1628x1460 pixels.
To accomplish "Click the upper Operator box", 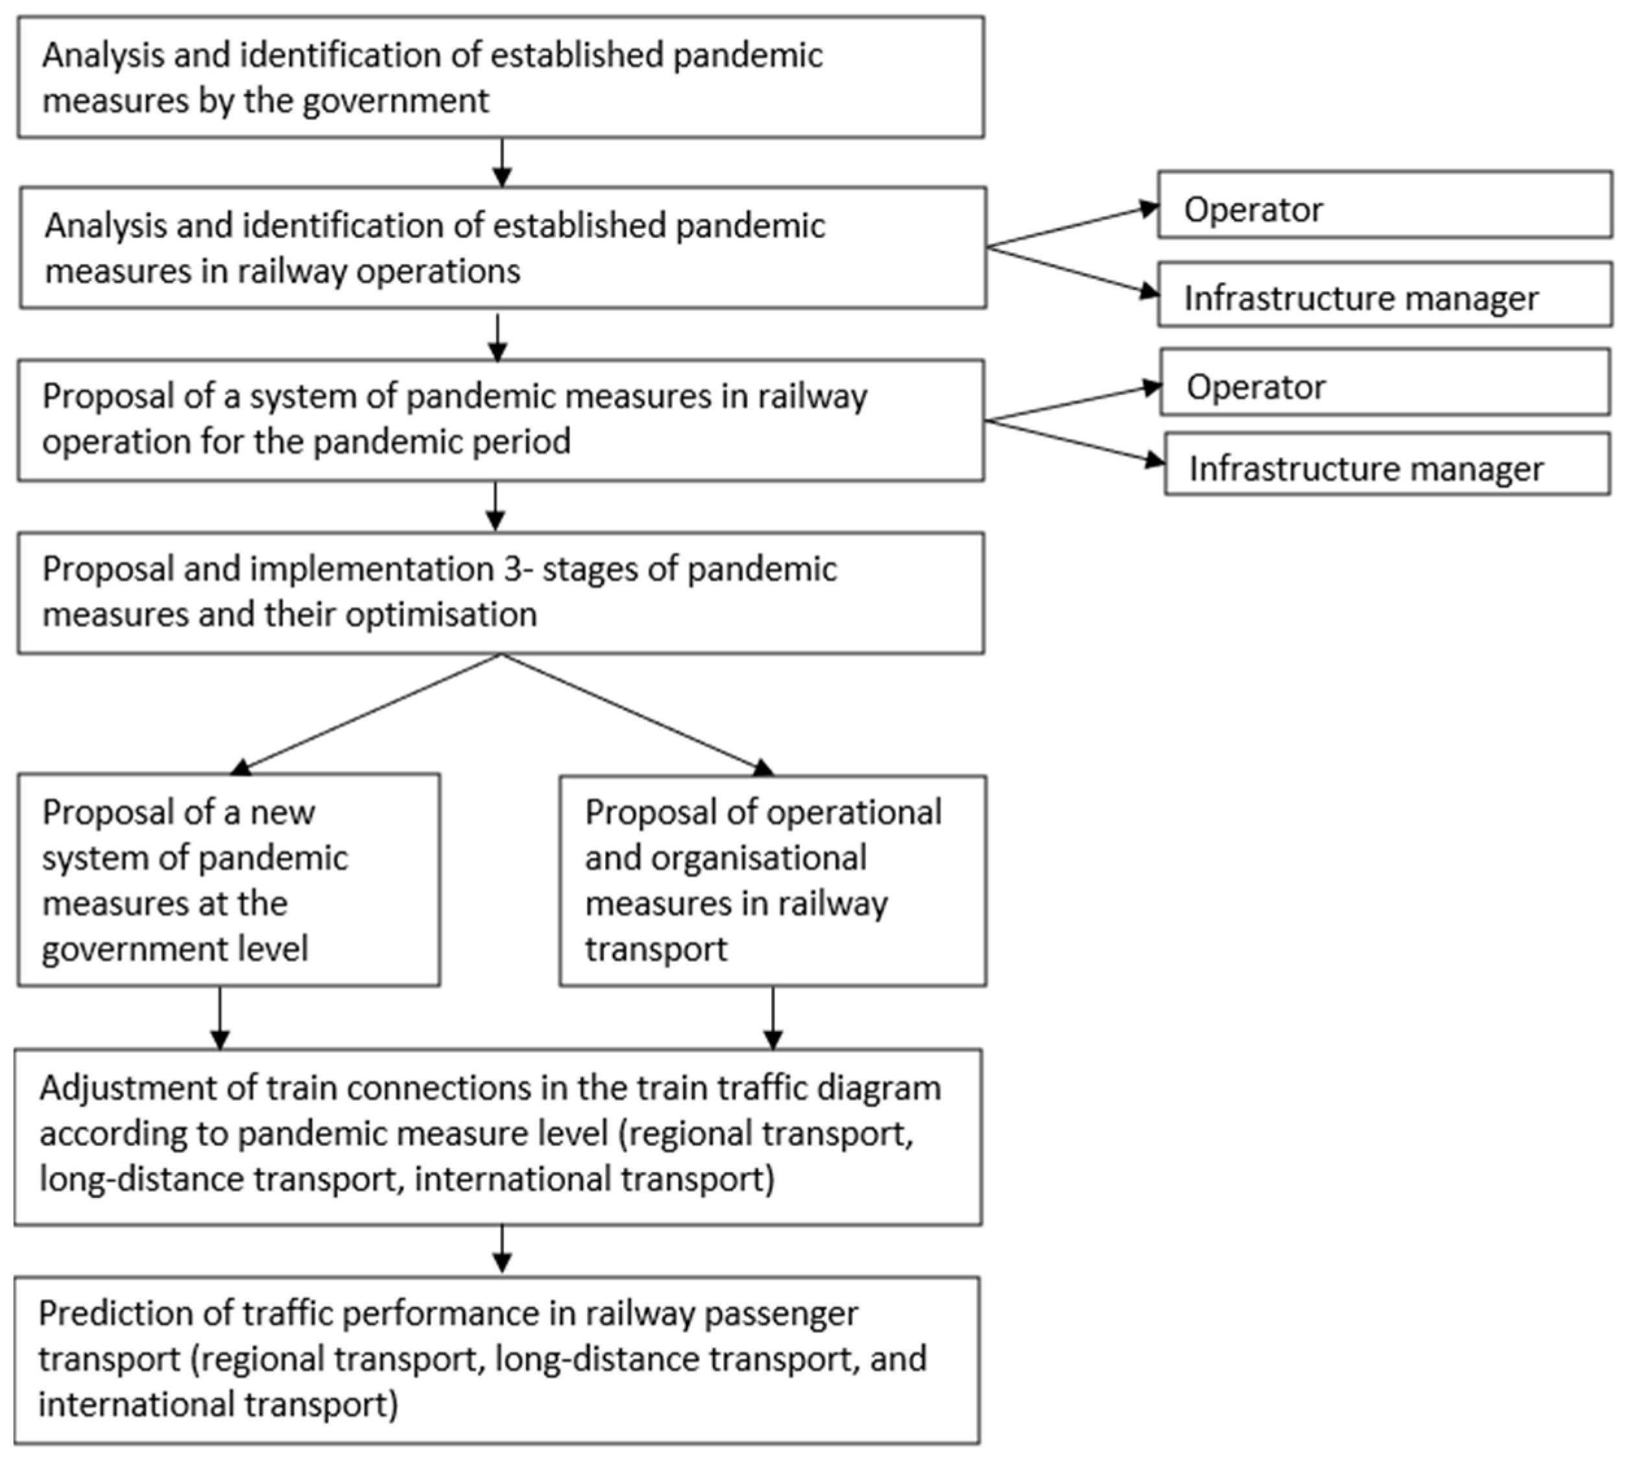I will pos(1384,206).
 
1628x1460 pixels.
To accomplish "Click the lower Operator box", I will pos(1384,383).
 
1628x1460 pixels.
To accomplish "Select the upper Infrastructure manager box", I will pos(1384,295).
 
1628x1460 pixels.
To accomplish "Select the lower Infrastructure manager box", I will pos(1387,465).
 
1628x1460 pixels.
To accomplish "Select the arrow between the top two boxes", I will pos(501,163).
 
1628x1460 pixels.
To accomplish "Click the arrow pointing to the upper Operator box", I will pos(1071,226).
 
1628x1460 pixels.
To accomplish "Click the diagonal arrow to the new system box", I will pos(365,715).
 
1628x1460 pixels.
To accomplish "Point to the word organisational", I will pos(758,858).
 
